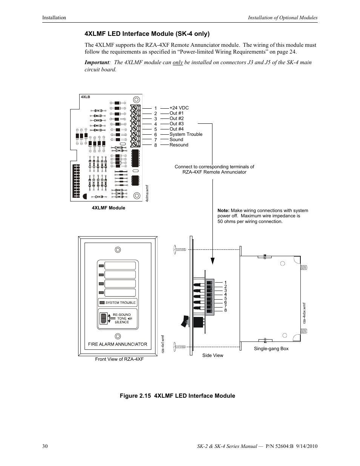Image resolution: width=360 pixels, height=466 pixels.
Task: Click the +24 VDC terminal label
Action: pyautogui.click(x=179, y=108)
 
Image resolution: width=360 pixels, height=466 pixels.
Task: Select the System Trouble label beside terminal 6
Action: pyautogui.click(x=186, y=134)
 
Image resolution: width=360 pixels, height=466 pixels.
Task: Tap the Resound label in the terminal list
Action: pyautogui.click(x=178, y=145)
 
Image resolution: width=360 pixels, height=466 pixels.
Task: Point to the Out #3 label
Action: pyautogui.click(x=176, y=124)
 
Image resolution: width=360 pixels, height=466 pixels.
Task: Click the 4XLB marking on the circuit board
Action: pyautogui.click(x=86, y=97)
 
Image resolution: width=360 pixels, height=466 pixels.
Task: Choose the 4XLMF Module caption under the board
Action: pyautogui.click(x=108, y=208)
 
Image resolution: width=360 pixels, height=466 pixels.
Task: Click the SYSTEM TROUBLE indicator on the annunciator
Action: pyautogui.click(x=117, y=303)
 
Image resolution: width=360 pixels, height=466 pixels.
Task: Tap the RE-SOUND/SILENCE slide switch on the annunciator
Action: pyautogui.click(x=103, y=318)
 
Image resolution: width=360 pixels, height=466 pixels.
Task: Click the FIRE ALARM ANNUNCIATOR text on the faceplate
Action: pyautogui.click(x=117, y=344)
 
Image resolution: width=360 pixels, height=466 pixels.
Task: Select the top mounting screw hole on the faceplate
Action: pyautogui.click(x=118, y=250)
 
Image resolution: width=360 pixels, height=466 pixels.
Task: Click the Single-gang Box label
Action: pyautogui.click(x=271, y=349)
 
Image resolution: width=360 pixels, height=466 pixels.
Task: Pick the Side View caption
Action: pyautogui.click(x=212, y=355)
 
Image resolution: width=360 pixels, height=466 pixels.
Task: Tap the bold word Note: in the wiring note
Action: pyautogui.click(x=223, y=211)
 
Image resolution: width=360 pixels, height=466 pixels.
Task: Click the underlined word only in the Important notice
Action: pyautogui.click(x=178, y=62)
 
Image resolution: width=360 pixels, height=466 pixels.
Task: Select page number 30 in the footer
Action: pyautogui.click(x=45, y=446)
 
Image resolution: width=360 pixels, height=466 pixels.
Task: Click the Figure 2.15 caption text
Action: pyautogui.click(x=177, y=396)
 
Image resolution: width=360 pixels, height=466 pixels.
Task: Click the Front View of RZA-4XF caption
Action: pyautogui.click(x=119, y=359)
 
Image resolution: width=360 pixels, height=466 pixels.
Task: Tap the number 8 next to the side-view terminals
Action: pyautogui.click(x=226, y=310)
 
